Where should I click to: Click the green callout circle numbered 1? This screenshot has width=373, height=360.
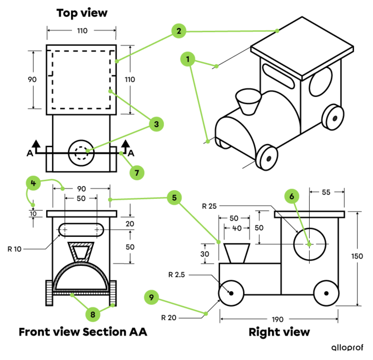coord(188,60)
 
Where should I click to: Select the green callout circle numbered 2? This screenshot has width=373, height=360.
coord(179,31)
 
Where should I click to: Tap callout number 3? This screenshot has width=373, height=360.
coord(156,124)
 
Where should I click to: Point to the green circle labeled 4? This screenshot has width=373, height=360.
coord(33,183)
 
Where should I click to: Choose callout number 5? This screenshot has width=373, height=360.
coord(174,197)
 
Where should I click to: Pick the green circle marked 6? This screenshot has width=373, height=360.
coord(292,196)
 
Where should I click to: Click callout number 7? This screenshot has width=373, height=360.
coord(136,172)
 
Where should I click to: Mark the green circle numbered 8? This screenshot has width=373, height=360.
coord(92,314)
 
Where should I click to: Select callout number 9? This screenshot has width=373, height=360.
coord(151,297)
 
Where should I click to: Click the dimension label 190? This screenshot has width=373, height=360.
coord(278,320)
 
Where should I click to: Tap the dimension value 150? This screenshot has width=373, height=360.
coord(357,256)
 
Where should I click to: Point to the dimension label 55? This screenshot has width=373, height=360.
coord(326,192)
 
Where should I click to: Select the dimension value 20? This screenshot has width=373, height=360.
coord(130,224)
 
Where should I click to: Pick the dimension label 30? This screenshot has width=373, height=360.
coord(205,254)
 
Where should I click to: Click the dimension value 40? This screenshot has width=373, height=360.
coord(237,228)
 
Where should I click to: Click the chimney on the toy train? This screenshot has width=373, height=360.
coord(248,102)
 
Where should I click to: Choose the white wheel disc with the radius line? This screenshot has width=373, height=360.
coord(231,293)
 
